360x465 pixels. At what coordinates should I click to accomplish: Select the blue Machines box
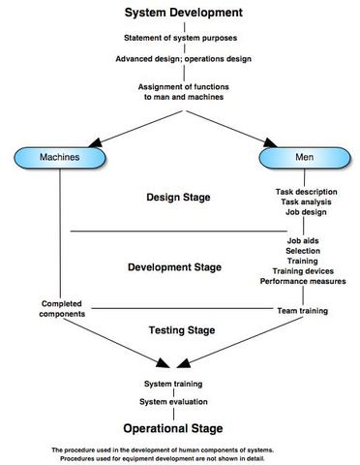(59, 156)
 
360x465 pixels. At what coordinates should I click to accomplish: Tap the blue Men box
(303, 156)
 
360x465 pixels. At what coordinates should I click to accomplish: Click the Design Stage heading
(178, 197)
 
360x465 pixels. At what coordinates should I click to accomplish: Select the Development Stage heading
(174, 266)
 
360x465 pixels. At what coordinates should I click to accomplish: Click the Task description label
(303, 192)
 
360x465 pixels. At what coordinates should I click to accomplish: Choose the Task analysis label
(303, 203)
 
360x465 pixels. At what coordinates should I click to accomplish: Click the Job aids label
(303, 239)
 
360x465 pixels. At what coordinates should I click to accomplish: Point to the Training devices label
(303, 271)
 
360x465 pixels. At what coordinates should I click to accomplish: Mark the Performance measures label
(303, 282)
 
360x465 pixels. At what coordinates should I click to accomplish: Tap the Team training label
(303, 311)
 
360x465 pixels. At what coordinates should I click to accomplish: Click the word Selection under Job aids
(303, 250)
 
